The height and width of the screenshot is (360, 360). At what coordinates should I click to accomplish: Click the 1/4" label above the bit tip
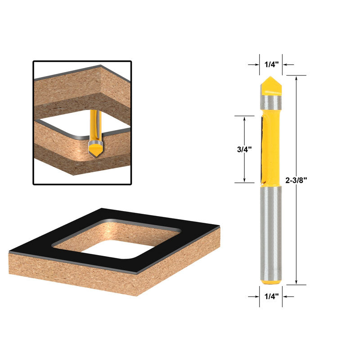(x=271, y=64)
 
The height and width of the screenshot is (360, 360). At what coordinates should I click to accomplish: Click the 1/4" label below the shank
(x=271, y=297)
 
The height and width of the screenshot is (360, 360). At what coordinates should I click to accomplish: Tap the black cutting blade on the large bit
(x=261, y=148)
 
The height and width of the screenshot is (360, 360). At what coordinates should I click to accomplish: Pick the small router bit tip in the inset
(x=95, y=148)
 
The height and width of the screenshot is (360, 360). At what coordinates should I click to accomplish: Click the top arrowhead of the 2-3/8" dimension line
(x=296, y=78)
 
